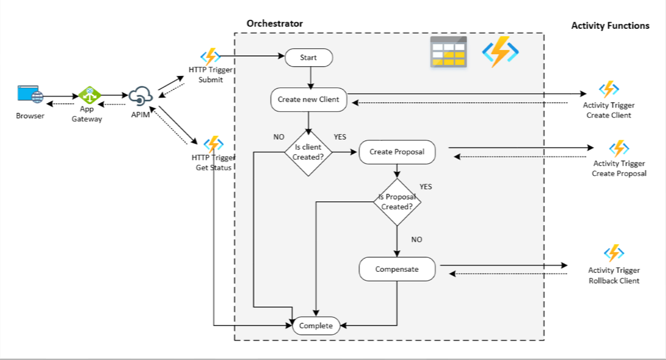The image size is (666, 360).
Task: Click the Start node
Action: pyautogui.click(x=309, y=58)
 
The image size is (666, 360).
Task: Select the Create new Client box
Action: pyautogui.click(x=309, y=100)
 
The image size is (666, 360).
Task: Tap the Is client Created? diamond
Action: pyautogui.click(x=309, y=153)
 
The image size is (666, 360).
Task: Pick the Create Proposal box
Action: pyautogui.click(x=397, y=152)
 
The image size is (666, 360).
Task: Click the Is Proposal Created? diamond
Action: pyautogui.click(x=397, y=202)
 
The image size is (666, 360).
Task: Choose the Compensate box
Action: pyautogui.click(x=397, y=269)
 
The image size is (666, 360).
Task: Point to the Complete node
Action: pyautogui.click(x=316, y=326)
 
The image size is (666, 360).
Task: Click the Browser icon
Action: pyautogui.click(x=31, y=94)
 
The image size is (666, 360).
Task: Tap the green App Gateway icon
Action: pyautogui.click(x=89, y=95)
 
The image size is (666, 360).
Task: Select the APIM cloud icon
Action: pyautogui.click(x=140, y=96)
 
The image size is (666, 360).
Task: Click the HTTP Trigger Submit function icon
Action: pyautogui.click(x=210, y=56)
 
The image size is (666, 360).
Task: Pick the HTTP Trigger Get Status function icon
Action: pyautogui.click(x=214, y=144)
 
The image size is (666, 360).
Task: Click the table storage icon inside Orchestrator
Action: pyautogui.click(x=448, y=52)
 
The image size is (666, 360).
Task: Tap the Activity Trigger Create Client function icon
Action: pyautogui.click(x=609, y=89)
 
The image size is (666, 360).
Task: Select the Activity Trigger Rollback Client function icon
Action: pyautogui.click(x=614, y=253)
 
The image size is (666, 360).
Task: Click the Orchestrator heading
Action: pyautogui.click(x=274, y=23)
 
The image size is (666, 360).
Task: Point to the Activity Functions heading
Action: pyautogui.click(x=610, y=26)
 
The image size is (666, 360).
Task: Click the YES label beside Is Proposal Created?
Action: pyautogui.click(x=426, y=187)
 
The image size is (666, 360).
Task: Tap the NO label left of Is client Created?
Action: pyautogui.click(x=279, y=137)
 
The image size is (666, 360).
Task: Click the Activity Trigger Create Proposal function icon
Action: pyautogui.click(x=619, y=148)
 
